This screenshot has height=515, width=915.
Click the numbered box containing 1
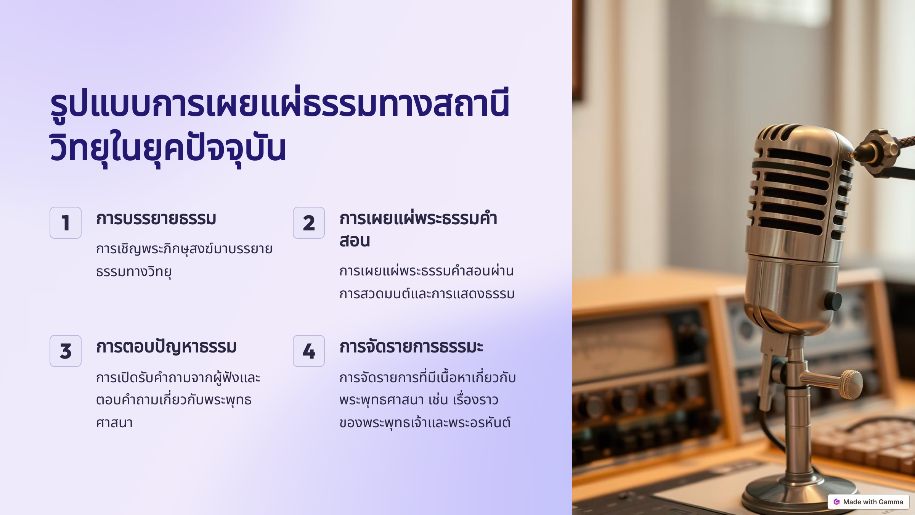coord(65,223)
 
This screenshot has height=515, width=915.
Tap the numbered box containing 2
coord(308,223)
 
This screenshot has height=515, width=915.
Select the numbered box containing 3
coord(65,351)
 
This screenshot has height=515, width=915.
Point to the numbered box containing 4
coord(308,351)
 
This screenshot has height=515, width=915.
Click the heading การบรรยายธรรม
coord(156,219)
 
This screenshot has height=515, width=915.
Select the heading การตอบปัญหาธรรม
coord(166,347)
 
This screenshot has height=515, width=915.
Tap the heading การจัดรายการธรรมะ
coord(411,347)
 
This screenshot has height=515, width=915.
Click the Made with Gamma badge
coord(868,502)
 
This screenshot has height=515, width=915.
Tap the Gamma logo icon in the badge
coord(836,502)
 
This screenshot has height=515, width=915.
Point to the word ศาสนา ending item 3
coord(114,423)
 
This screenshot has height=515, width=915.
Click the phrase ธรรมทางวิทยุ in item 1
coord(133,272)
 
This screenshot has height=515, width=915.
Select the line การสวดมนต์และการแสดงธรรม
coord(427,294)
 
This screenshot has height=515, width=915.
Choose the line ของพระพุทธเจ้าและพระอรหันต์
coord(425,423)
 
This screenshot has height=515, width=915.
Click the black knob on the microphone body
coord(833,301)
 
